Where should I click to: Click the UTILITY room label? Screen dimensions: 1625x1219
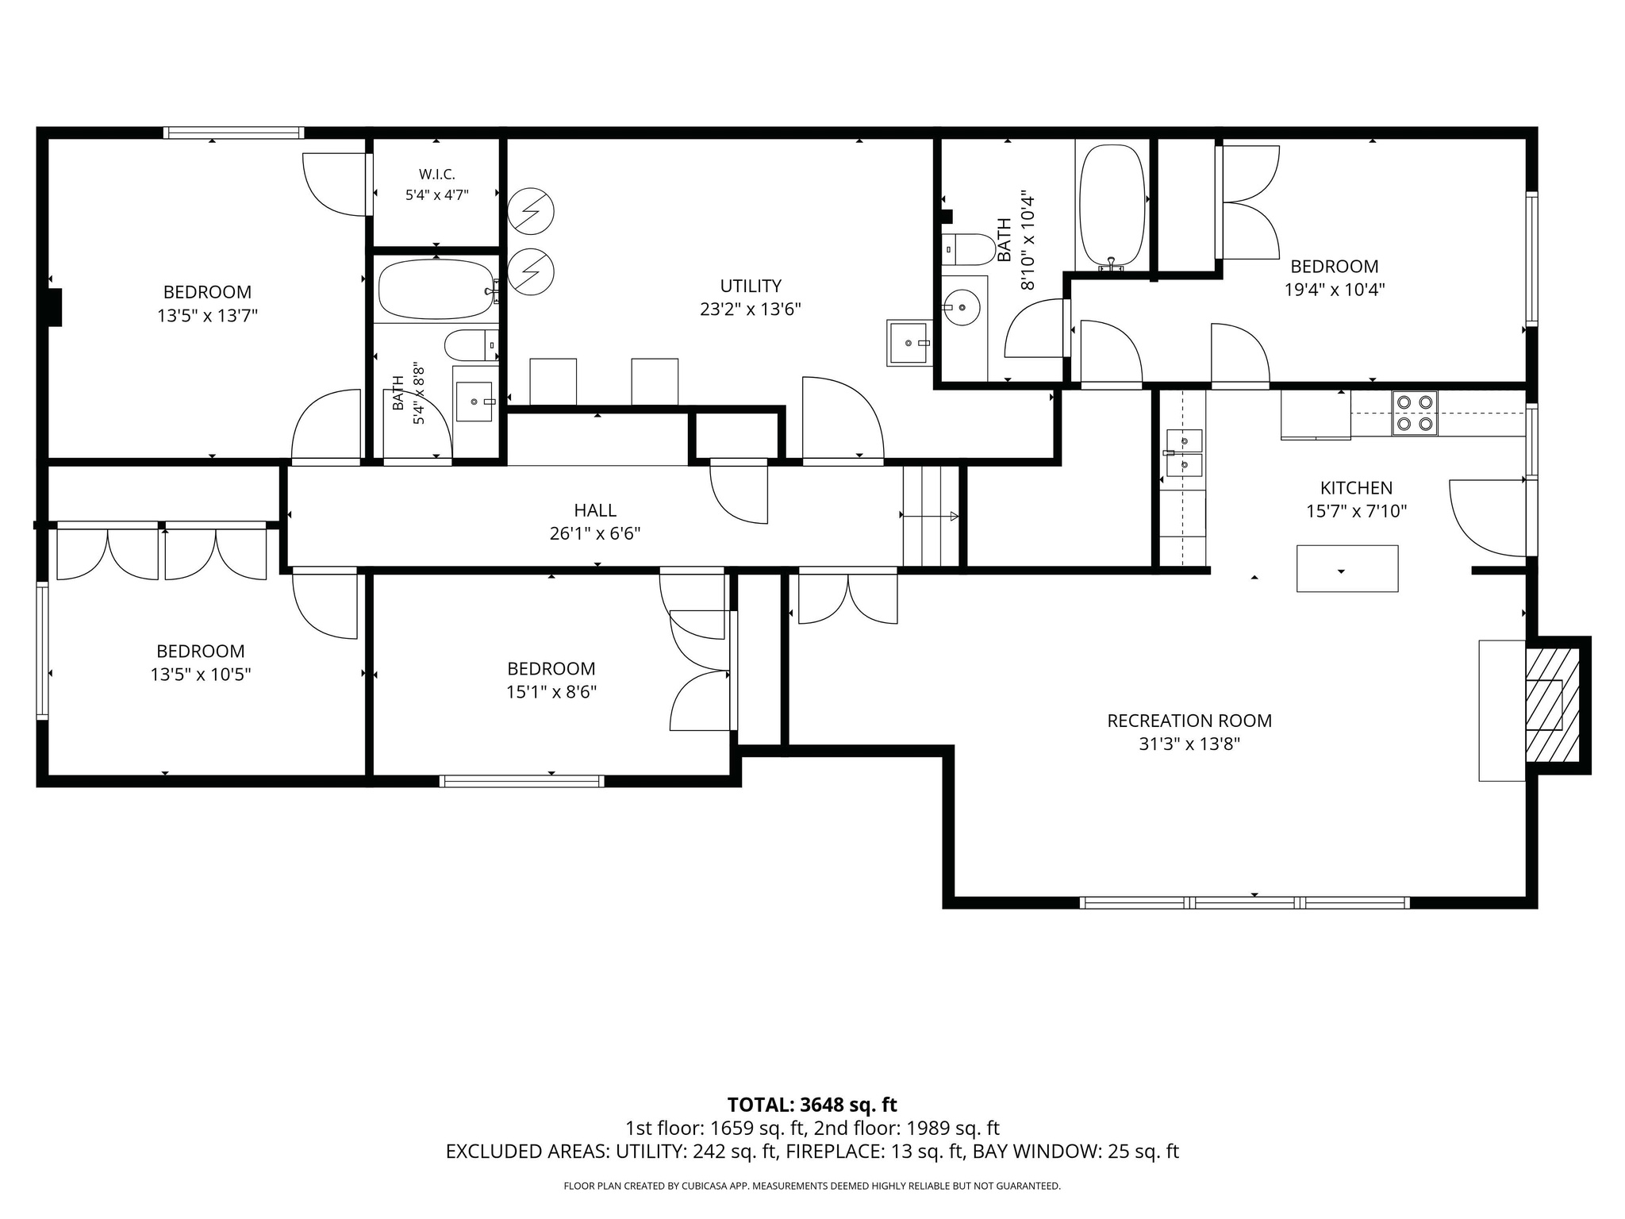(x=751, y=286)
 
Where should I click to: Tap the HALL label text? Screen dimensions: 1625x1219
(x=595, y=510)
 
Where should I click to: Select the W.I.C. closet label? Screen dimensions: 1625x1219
(x=436, y=174)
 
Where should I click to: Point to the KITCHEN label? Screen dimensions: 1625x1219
(x=1356, y=488)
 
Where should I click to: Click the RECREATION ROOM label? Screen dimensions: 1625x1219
(x=1189, y=721)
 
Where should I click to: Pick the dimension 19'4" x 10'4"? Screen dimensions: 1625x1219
(x=1335, y=290)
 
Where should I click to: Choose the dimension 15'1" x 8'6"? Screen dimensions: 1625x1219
(x=551, y=692)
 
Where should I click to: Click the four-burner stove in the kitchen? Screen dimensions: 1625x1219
(x=1415, y=413)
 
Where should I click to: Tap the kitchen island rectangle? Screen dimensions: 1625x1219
(x=1347, y=568)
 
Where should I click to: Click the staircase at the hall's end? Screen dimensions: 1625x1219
(x=932, y=516)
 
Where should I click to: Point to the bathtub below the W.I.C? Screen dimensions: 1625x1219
(x=436, y=290)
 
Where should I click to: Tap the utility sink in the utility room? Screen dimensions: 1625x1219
(x=909, y=343)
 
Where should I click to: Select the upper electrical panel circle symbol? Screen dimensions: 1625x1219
(x=530, y=211)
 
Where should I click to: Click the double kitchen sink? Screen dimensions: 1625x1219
(x=1184, y=452)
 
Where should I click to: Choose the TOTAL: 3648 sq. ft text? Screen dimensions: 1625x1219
(x=812, y=1105)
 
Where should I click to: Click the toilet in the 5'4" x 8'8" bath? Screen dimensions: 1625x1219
(x=471, y=345)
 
